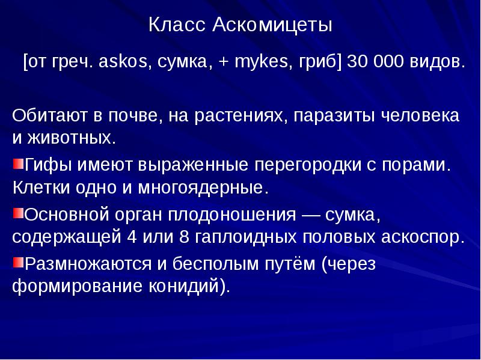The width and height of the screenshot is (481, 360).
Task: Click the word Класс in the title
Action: tap(179, 26)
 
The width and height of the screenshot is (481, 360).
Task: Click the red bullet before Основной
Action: tap(17, 212)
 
